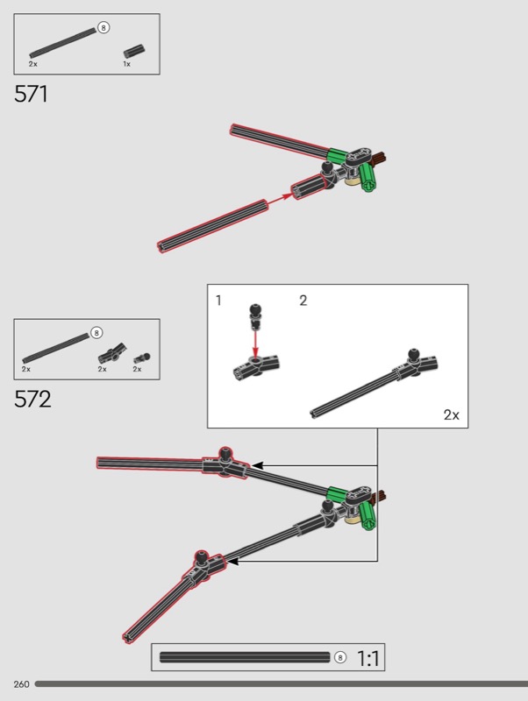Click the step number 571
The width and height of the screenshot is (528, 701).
[x=31, y=94]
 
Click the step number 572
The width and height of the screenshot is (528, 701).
[x=32, y=400]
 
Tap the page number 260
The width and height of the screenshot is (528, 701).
[x=21, y=684]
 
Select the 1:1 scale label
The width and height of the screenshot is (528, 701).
[x=367, y=658]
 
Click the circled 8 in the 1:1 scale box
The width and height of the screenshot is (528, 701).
[x=340, y=657]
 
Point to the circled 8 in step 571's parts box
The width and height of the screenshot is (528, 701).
[x=103, y=28]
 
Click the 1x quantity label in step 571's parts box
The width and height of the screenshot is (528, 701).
[x=127, y=64]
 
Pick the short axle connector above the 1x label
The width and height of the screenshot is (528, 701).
[x=134, y=51]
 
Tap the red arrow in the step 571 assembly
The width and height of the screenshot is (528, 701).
[x=280, y=199]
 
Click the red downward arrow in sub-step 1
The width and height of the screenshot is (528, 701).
[x=255, y=343]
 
